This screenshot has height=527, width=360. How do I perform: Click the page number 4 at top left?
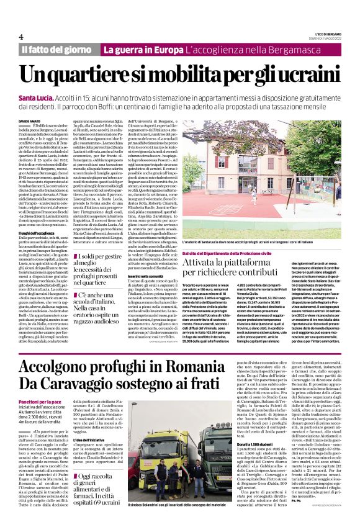click(x=20, y=37)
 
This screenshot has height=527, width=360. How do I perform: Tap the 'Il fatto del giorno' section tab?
click(x=57, y=49)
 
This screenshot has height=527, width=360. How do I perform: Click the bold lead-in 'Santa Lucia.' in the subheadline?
click(x=35, y=99)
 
